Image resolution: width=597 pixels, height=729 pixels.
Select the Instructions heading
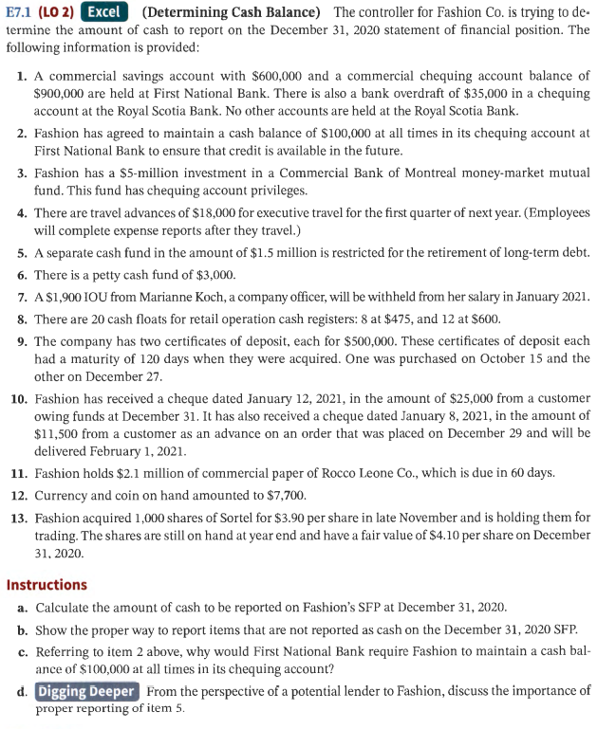click(47, 585)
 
